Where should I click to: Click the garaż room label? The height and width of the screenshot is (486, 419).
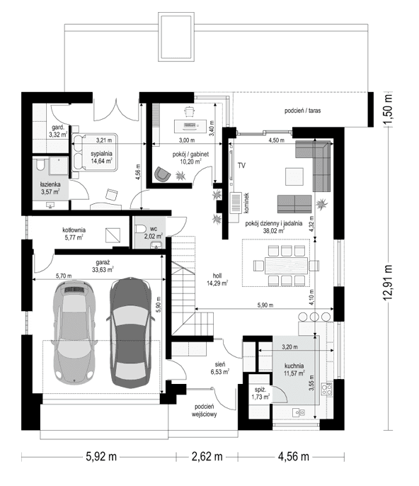click(x=103, y=266)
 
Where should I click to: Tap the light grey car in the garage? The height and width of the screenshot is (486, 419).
click(x=74, y=332)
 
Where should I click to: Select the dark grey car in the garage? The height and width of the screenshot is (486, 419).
click(x=130, y=332)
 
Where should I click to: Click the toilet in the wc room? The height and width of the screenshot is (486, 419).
click(x=141, y=229)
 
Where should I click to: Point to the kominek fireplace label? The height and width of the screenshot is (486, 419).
click(x=246, y=203)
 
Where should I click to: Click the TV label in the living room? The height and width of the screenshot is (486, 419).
click(x=241, y=166)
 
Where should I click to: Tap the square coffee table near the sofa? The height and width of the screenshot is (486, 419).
click(x=294, y=176)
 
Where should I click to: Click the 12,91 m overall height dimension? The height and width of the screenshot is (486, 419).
click(x=387, y=283)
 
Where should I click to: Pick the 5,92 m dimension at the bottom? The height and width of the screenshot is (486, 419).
click(x=101, y=456)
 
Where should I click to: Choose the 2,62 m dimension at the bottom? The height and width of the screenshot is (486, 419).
click(x=207, y=456)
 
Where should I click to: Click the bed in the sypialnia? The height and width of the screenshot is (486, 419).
click(x=94, y=152)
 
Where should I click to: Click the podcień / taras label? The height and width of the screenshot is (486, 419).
click(x=302, y=111)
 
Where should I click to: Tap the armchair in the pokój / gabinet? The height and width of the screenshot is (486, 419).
click(x=162, y=174)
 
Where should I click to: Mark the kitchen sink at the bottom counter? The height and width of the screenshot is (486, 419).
click(x=299, y=412)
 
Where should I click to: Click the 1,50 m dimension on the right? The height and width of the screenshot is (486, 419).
click(x=387, y=109)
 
